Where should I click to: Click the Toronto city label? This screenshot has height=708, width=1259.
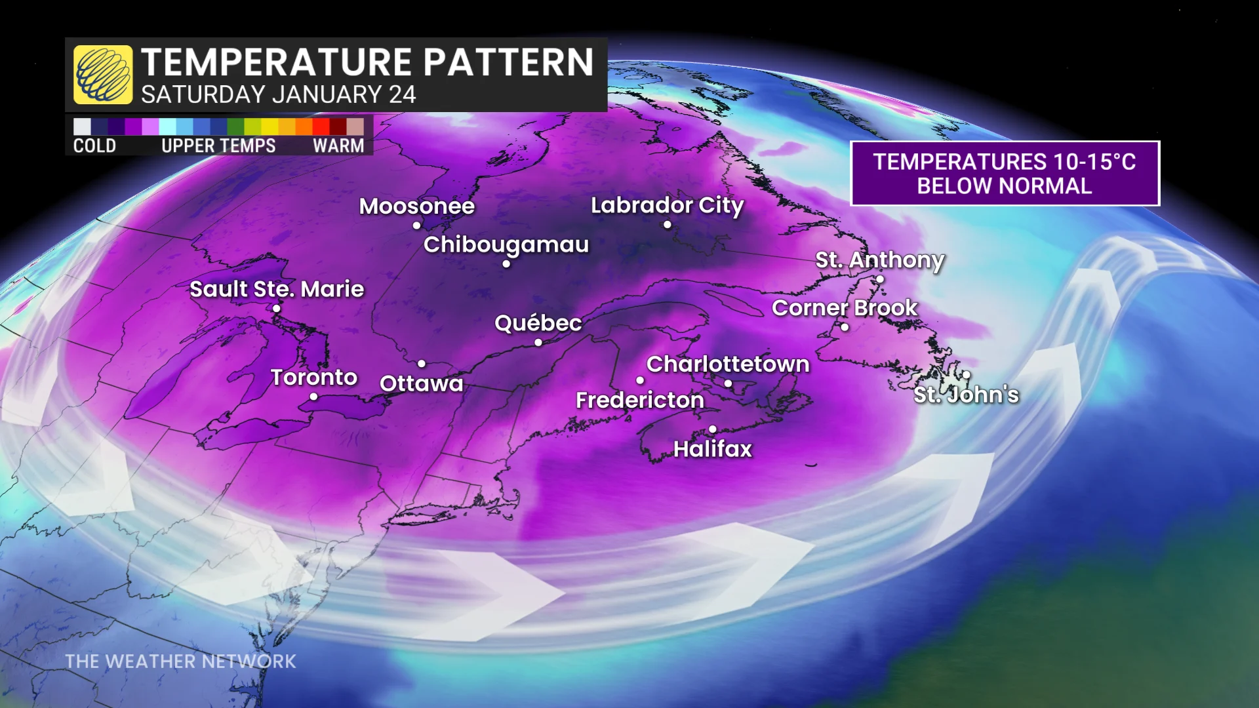(x=314, y=378)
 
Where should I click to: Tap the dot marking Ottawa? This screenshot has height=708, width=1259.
(x=422, y=364)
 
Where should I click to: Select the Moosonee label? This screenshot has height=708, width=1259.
(x=417, y=206)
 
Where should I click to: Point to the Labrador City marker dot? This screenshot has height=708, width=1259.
(x=667, y=225)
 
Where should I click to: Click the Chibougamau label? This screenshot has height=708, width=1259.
(x=506, y=245)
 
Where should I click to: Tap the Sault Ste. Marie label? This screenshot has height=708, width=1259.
(x=277, y=289)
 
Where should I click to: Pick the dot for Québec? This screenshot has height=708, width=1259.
(x=538, y=343)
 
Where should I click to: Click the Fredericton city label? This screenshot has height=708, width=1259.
(x=640, y=401)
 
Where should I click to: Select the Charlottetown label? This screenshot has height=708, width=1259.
(x=728, y=364)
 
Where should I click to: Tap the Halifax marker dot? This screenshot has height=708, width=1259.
(x=712, y=430)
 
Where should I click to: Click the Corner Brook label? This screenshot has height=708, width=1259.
(x=845, y=308)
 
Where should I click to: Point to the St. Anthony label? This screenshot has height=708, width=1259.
(x=880, y=260)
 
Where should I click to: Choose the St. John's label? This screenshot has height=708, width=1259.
(x=967, y=395)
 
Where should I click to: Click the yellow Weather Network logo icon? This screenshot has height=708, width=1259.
(x=103, y=75)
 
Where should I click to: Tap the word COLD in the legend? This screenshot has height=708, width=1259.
(x=94, y=146)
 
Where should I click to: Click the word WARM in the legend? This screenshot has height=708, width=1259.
(x=338, y=146)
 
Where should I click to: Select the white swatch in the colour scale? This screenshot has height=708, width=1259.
(x=82, y=127)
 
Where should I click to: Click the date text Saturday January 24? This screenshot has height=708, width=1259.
(x=279, y=95)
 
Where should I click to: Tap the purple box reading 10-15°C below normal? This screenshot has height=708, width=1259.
(x=1005, y=174)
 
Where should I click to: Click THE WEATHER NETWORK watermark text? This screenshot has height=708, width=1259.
(x=180, y=661)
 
